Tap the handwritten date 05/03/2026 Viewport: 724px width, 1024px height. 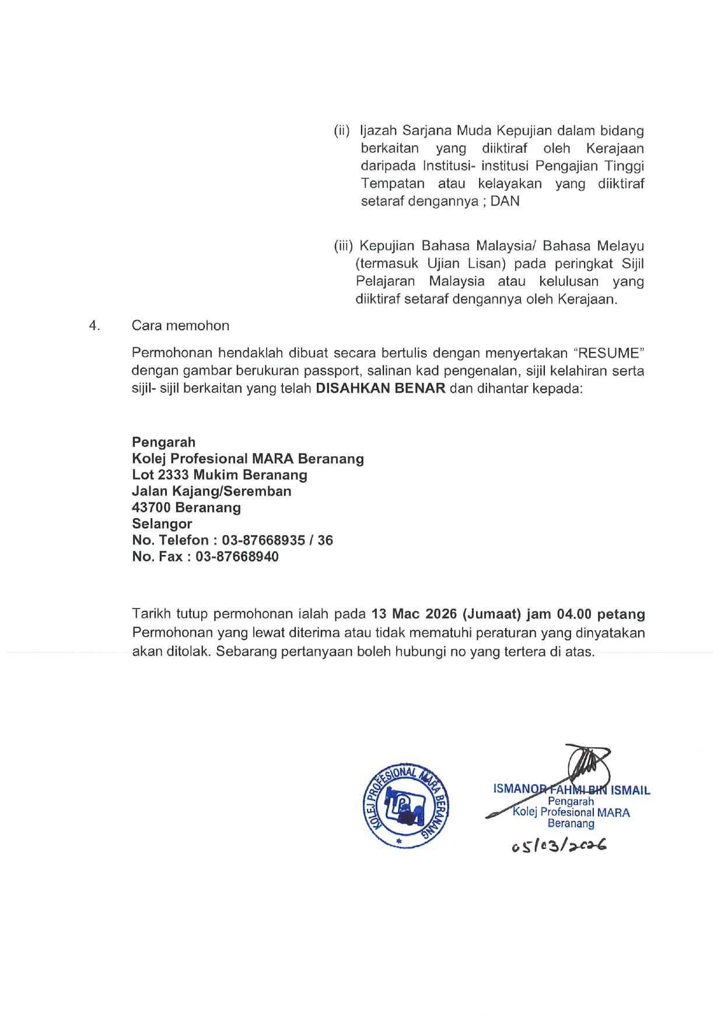click(559, 845)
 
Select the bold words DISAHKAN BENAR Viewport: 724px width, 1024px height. click(380, 389)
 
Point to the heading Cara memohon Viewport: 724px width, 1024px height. click(180, 326)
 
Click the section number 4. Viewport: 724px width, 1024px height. click(94, 326)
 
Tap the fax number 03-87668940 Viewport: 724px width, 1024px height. click(237, 557)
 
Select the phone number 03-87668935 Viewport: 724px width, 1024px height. click(263, 540)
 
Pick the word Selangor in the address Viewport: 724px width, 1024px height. click(162, 524)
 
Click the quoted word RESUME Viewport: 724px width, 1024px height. click(608, 353)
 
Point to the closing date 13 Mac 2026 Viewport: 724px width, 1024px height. click(414, 614)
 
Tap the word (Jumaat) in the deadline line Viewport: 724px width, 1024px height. click(491, 614)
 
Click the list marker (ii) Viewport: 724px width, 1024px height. click(342, 131)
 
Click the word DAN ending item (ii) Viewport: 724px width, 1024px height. click(505, 201)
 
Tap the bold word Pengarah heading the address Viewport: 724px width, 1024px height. click(163, 442)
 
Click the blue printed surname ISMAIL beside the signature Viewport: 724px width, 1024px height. click(630, 791)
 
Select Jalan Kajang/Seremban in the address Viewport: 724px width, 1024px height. click(211, 491)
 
